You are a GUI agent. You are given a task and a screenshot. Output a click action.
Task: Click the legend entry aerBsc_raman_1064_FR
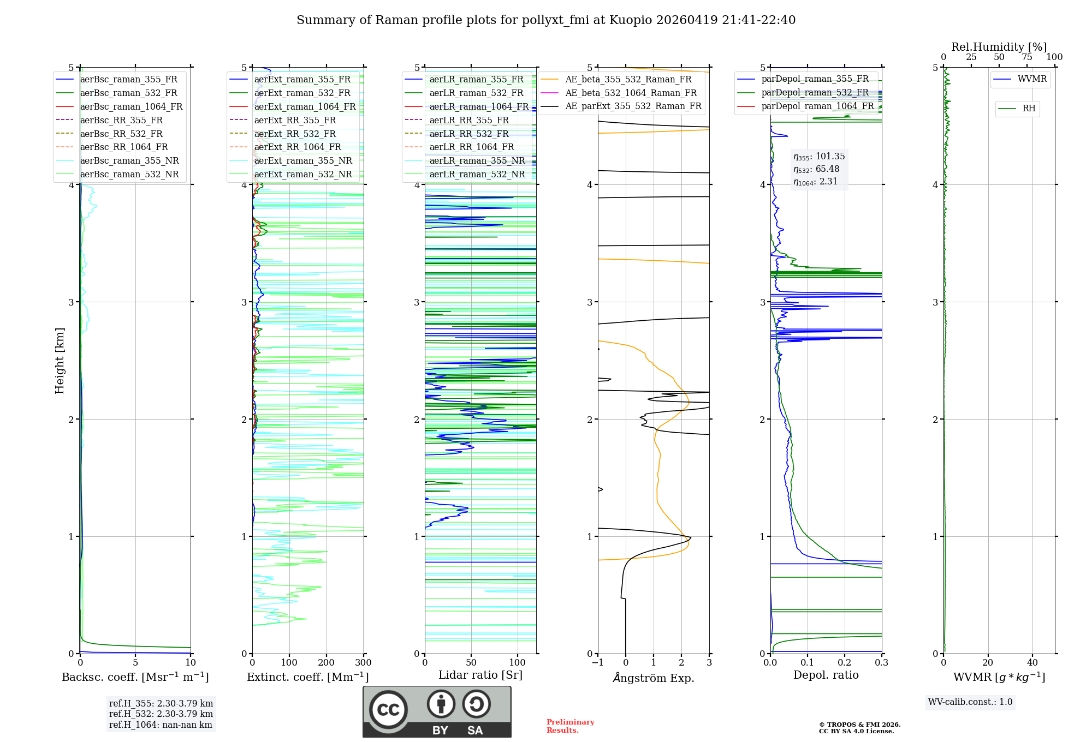click(x=131, y=107)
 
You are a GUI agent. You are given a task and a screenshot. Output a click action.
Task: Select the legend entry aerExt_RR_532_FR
click(x=295, y=134)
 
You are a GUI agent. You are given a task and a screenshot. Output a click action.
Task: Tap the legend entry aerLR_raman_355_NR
click(x=477, y=161)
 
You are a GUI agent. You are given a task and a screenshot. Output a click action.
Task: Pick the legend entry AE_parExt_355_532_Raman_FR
click(x=633, y=106)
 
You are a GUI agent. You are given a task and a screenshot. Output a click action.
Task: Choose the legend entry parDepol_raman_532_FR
click(x=815, y=93)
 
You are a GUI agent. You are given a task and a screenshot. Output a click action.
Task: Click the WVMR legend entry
click(x=1031, y=79)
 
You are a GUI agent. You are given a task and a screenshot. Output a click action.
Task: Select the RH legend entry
click(x=1029, y=109)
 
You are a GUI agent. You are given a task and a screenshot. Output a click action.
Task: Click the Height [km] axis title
click(x=60, y=361)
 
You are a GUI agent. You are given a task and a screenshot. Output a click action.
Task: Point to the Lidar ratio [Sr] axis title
click(x=480, y=675)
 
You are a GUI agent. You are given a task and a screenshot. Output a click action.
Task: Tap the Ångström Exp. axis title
click(x=653, y=678)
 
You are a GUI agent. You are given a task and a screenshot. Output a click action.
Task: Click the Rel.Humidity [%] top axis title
click(x=999, y=47)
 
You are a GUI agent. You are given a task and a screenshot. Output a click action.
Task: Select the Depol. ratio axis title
click(x=826, y=675)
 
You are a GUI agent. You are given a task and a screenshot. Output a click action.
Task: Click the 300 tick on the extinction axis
click(x=363, y=663)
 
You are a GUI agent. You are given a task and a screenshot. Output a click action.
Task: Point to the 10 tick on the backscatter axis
click(x=191, y=663)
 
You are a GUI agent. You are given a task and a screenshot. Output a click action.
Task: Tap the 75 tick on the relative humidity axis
click(x=1026, y=57)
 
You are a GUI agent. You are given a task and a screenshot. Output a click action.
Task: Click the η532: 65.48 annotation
click(x=816, y=169)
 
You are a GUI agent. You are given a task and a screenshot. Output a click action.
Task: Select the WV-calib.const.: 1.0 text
click(x=970, y=702)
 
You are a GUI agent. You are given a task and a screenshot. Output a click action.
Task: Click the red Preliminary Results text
click(x=570, y=726)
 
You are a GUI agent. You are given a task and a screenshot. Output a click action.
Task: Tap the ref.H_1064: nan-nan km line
click(x=161, y=725)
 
